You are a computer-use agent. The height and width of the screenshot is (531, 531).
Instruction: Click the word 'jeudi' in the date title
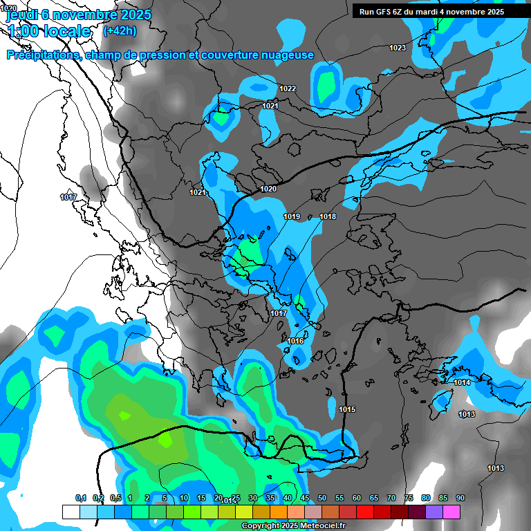point(21,14)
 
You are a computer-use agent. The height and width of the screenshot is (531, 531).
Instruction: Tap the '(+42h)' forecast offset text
point(119,30)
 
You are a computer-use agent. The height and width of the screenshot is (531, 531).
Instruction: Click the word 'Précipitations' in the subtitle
point(42,55)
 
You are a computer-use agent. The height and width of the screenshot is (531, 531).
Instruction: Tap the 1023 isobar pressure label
point(397,48)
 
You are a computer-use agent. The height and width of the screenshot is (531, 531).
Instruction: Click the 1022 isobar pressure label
point(288,88)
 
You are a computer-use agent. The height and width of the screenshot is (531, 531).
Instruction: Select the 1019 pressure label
point(292,217)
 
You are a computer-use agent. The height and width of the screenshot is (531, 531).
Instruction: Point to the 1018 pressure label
point(328,217)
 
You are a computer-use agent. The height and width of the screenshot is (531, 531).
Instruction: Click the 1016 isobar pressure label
point(295,342)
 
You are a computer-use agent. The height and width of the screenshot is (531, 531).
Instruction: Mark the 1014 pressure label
point(462,383)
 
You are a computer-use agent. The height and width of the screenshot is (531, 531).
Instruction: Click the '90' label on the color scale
point(460,499)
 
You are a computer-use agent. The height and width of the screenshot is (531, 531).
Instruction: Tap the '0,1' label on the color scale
point(81,499)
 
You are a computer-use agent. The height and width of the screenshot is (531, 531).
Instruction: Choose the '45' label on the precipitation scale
point(305,499)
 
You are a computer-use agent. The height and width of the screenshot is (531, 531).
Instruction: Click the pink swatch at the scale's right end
point(451,512)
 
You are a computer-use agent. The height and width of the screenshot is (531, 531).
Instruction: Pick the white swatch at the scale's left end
point(71,512)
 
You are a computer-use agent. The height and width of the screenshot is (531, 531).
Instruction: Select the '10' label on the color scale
point(184,499)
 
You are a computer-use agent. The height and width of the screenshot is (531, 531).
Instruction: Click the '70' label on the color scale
point(391,499)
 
